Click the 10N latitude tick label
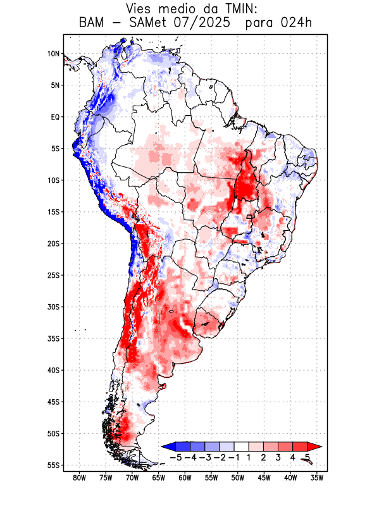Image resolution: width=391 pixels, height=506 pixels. [53, 54]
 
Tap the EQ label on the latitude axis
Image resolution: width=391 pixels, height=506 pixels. [55, 117]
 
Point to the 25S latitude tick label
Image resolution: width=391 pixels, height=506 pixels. [53, 275]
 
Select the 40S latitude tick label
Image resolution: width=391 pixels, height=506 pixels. [53, 370]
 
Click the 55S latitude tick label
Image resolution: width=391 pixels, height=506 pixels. [53, 465]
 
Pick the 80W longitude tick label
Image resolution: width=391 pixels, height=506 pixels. [80, 478]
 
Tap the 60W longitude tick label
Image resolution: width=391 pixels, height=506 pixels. [185, 478]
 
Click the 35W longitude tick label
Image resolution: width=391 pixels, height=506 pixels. [318, 478]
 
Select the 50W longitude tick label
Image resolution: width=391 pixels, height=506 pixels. [238, 478]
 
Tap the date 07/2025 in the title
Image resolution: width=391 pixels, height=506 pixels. [208, 23]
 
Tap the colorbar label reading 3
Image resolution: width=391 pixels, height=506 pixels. [278, 457]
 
